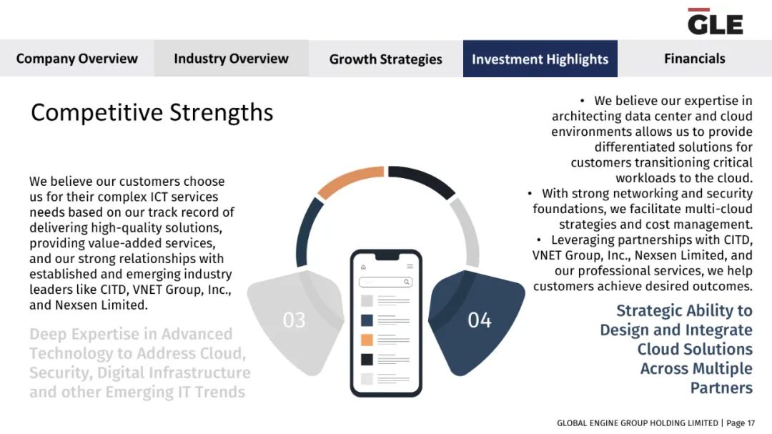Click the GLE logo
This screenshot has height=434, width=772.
point(715,21)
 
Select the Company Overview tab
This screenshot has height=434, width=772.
point(76,58)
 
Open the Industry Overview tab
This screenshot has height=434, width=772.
point(232,58)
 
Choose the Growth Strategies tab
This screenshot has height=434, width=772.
point(385,59)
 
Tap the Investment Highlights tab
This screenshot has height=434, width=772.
point(540,59)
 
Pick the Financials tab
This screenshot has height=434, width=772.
point(695,58)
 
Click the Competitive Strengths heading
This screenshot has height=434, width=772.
point(152,112)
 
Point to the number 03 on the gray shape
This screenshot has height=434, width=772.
point(294,320)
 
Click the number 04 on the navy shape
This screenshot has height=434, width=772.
point(480,320)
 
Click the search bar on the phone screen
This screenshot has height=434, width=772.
point(385,282)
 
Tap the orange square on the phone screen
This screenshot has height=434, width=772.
point(367,340)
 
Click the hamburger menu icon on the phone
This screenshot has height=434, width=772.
point(410,267)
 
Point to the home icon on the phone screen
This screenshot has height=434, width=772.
point(363,267)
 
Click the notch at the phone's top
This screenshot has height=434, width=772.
point(387,256)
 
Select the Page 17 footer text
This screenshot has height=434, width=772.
point(741,423)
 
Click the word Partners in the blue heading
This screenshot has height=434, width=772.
point(721,388)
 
